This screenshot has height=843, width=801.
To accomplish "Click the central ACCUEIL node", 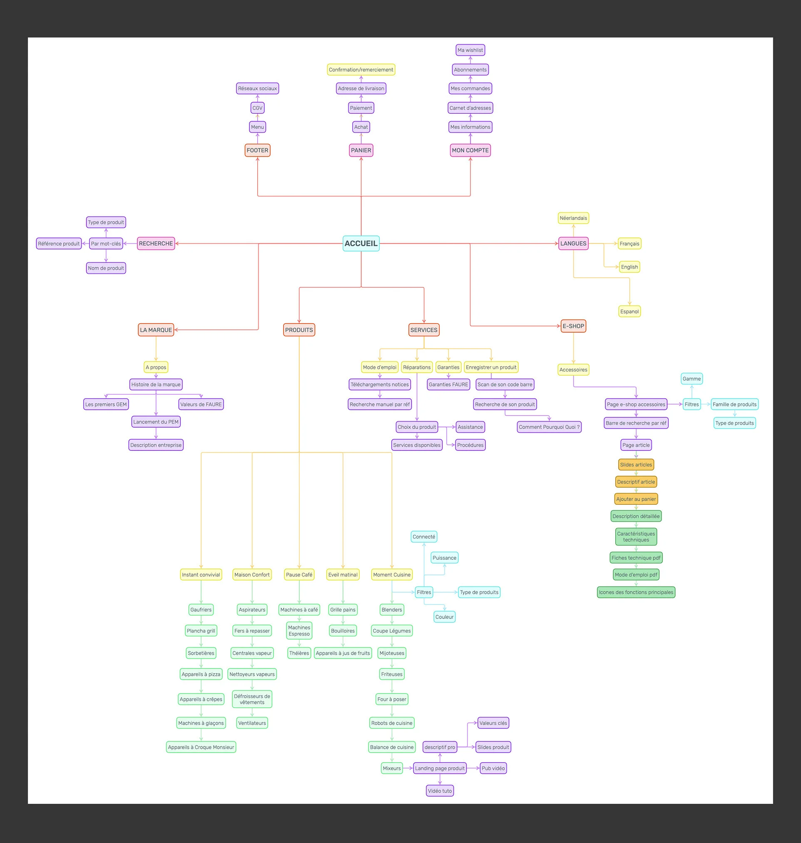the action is click(361, 243).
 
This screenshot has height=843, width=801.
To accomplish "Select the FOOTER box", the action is click(257, 150).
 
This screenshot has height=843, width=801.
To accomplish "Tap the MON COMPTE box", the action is click(470, 150).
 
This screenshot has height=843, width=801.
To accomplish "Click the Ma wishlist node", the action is click(470, 50).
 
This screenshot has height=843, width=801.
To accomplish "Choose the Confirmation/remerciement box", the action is click(361, 70).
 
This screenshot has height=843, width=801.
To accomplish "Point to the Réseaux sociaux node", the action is click(257, 88).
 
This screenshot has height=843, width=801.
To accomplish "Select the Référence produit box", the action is click(59, 244).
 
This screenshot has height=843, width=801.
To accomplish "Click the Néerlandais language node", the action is click(573, 218).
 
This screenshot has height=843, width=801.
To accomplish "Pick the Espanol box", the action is click(629, 311).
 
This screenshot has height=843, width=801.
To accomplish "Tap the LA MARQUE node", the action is click(156, 330).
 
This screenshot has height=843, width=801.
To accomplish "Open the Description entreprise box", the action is click(156, 445).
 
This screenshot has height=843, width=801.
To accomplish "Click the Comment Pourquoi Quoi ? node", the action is click(549, 427).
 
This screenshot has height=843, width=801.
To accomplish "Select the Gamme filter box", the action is click(691, 379).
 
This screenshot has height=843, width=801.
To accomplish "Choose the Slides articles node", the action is click(636, 465).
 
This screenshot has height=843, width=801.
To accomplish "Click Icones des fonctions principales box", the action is click(636, 592).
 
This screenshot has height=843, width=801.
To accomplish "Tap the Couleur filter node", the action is click(445, 617).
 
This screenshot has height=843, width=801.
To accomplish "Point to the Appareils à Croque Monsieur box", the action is click(201, 747).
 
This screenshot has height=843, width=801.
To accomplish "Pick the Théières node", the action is click(299, 653).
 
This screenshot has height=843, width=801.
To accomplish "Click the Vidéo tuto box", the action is click(440, 791).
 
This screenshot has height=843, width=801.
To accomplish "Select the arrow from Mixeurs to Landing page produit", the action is click(408, 768).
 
